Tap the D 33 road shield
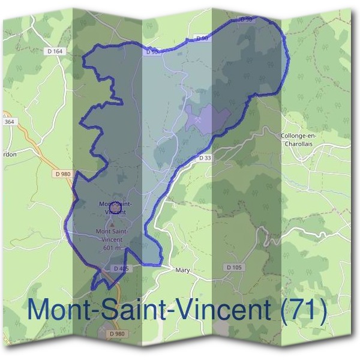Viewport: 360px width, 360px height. point(205,158)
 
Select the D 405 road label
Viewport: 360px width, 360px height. point(120,268)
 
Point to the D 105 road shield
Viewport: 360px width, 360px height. point(234,266)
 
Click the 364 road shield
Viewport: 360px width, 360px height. point(8,122)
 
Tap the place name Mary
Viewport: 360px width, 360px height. point(182,271)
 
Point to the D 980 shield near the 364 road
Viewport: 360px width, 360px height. point(62,173)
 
